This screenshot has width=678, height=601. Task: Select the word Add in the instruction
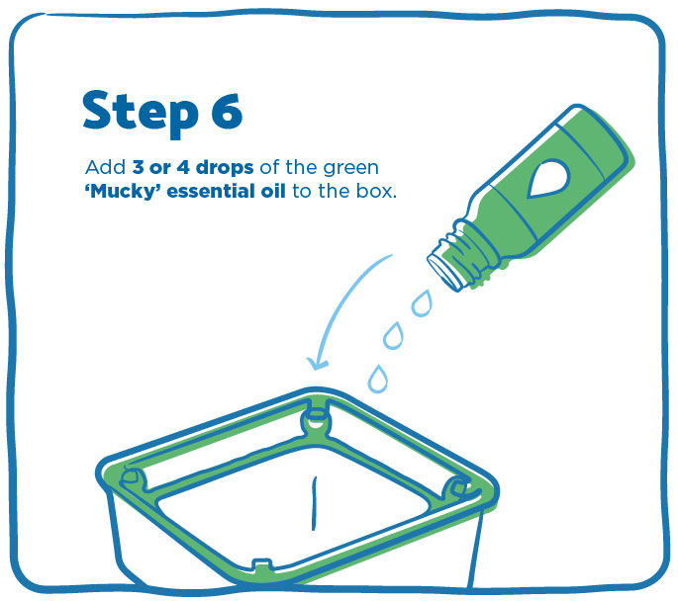(106, 167)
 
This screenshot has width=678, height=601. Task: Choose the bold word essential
(210, 191)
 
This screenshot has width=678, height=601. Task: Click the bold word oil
(273, 191)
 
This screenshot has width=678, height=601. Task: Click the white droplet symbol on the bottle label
(546, 178)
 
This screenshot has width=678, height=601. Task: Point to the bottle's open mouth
(444, 272)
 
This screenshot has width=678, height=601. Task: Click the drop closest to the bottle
(422, 303)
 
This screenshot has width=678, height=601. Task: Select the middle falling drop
(394, 335)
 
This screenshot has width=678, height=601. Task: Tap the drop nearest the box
(377, 379)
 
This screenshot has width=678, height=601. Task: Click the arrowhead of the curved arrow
(317, 363)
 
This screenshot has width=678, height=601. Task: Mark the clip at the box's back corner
(316, 418)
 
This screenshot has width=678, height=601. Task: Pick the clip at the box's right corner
(458, 488)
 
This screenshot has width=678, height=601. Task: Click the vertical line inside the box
(315, 503)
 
